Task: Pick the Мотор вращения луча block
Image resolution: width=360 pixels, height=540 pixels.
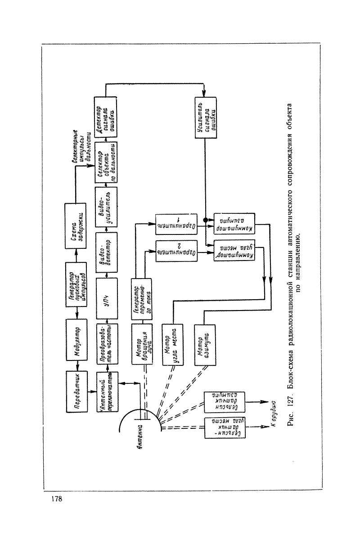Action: [142, 344]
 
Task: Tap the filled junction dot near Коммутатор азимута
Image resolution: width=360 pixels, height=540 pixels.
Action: [206, 220]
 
